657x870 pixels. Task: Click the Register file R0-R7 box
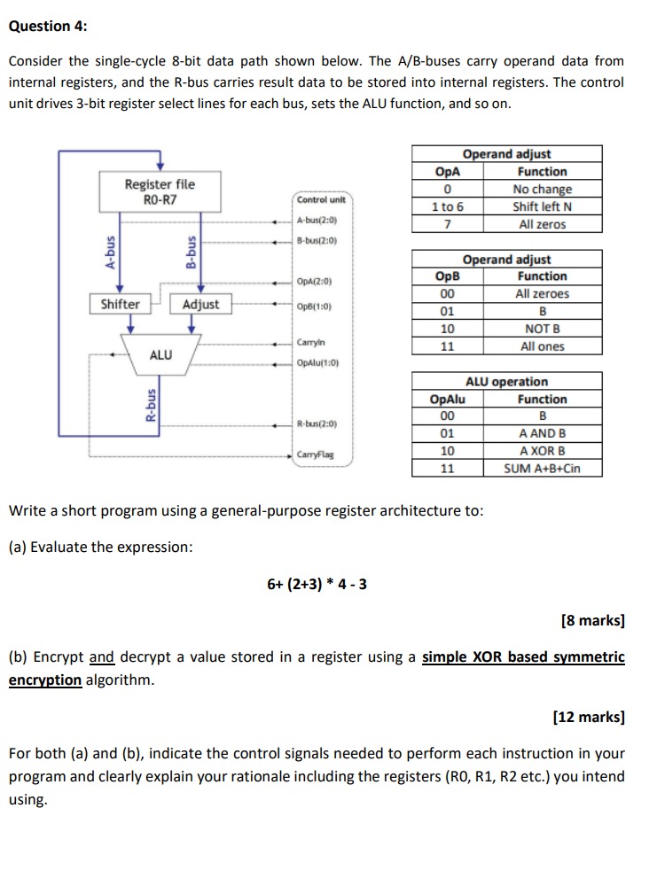pyautogui.click(x=160, y=191)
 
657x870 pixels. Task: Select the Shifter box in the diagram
pyautogui.click(x=120, y=304)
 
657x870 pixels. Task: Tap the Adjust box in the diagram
pyautogui.click(x=200, y=304)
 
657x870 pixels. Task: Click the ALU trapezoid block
pyautogui.click(x=160, y=354)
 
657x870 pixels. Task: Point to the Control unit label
pyautogui.click(x=319, y=200)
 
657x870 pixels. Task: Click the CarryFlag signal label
pyautogui.click(x=316, y=455)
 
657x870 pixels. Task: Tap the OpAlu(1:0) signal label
pyautogui.click(x=318, y=362)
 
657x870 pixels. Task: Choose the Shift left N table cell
pyautogui.click(x=542, y=206)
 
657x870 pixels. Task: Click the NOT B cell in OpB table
pyautogui.click(x=542, y=329)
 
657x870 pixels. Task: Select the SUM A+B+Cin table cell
pyautogui.click(x=542, y=469)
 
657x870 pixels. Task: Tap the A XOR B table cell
pyautogui.click(x=542, y=451)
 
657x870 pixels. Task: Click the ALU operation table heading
pyautogui.click(x=506, y=382)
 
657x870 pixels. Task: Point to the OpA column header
pyautogui.click(x=448, y=172)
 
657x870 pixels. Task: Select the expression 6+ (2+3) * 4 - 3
pyautogui.click(x=317, y=584)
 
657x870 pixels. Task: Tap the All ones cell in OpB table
pyautogui.click(x=542, y=346)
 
